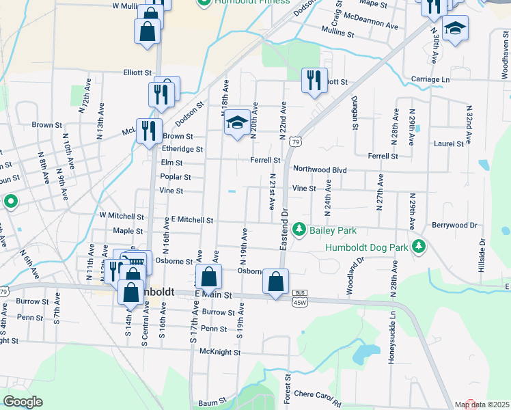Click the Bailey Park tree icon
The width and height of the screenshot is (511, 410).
[299, 229]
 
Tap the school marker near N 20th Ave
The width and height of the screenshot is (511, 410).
[237, 122]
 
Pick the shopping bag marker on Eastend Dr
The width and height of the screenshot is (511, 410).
[275, 282]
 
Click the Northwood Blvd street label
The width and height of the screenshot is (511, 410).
[320, 169]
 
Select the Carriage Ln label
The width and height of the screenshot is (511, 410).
[430, 80]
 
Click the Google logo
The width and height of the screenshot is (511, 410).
[23, 401]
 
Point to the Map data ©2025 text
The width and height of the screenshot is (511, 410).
[482, 405]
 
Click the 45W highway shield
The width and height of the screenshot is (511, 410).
[299, 301]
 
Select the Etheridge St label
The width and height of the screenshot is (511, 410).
[182, 149]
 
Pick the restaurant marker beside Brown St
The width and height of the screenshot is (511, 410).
[149, 131]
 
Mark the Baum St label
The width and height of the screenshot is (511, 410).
[207, 404]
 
